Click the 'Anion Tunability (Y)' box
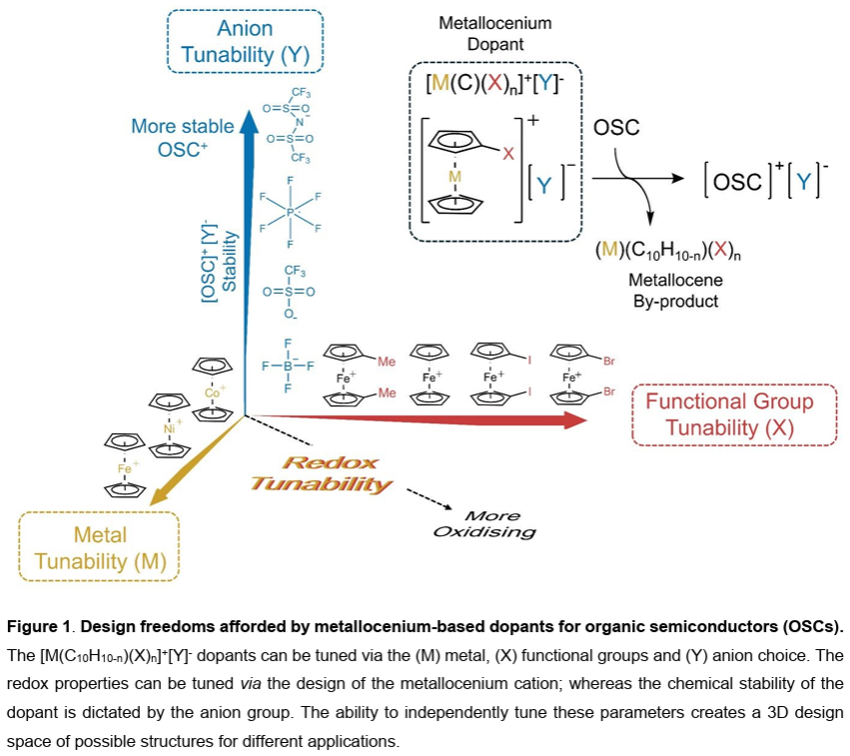[x=246, y=41]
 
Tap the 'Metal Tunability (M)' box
[x=100, y=547]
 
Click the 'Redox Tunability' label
[x=322, y=472]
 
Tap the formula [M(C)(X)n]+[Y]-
[x=496, y=85]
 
